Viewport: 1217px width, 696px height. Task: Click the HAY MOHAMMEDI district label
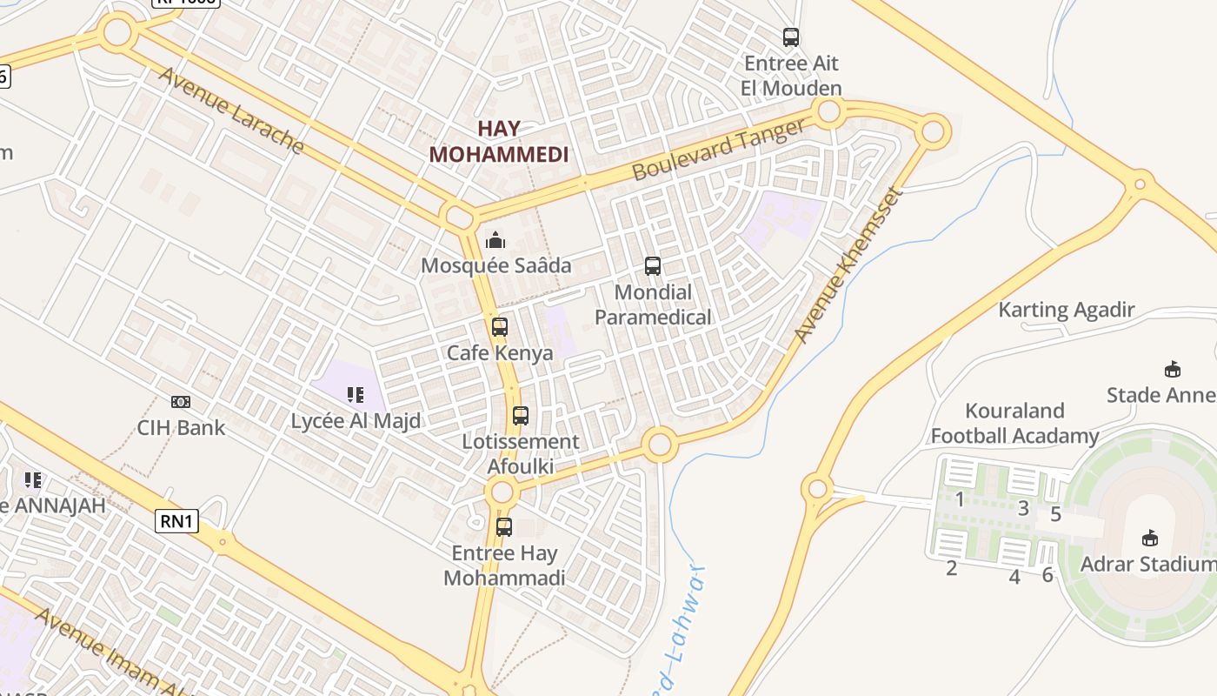pyautogui.click(x=499, y=142)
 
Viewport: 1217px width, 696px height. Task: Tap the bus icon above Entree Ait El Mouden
pyautogui.click(x=790, y=37)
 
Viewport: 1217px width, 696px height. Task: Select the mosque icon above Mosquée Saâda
pyautogui.click(x=495, y=239)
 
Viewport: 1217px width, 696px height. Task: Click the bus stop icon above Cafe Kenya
pyautogui.click(x=499, y=327)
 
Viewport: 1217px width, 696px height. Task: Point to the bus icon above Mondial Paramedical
pyautogui.click(x=652, y=266)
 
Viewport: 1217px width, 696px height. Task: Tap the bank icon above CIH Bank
pyautogui.click(x=181, y=402)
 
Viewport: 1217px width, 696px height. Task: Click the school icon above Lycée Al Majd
pyautogui.click(x=355, y=396)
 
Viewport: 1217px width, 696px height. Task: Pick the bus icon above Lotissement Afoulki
pyautogui.click(x=520, y=416)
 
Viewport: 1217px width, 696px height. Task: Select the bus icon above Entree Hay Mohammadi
pyautogui.click(x=503, y=526)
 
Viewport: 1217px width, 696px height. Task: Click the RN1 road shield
pyautogui.click(x=177, y=521)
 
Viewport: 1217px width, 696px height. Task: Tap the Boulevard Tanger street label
pyautogui.click(x=718, y=150)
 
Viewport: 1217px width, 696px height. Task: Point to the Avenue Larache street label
pyautogui.click(x=230, y=110)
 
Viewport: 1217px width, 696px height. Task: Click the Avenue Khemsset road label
pyautogui.click(x=848, y=264)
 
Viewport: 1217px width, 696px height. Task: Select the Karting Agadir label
pyautogui.click(x=1066, y=310)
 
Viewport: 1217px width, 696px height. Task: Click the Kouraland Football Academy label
pyautogui.click(x=1014, y=423)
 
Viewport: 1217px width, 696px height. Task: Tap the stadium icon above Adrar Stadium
pyautogui.click(x=1150, y=538)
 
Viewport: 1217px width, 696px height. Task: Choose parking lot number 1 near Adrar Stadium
pyautogui.click(x=960, y=499)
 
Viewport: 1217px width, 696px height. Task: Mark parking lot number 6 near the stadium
pyautogui.click(x=1047, y=574)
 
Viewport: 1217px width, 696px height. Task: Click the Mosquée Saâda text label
pyautogui.click(x=495, y=265)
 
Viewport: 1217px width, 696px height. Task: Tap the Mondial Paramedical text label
pyautogui.click(x=653, y=304)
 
